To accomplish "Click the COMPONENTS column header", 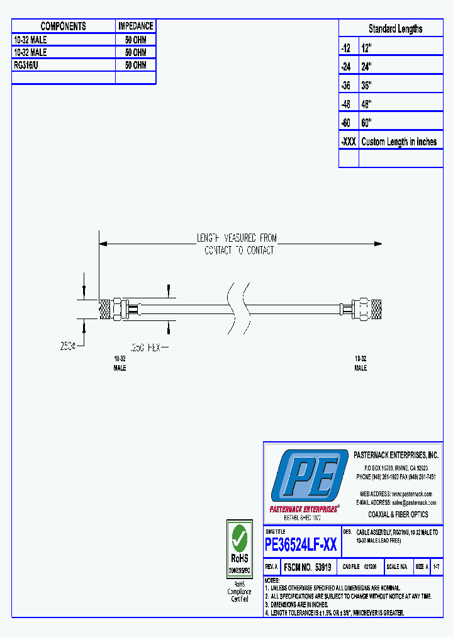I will [x=63, y=26].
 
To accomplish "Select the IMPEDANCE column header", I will [x=135, y=26].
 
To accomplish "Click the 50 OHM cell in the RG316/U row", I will [x=135, y=65].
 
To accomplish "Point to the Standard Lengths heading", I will [x=395, y=29].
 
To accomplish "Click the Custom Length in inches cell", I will [x=399, y=142].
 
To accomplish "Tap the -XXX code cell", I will [x=348, y=142].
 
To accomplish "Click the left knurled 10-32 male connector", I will [x=112, y=310].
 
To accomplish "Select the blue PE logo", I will [x=308, y=477].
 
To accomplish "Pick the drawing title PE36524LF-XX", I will [x=301, y=544].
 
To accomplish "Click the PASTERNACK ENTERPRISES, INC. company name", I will [x=396, y=455].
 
